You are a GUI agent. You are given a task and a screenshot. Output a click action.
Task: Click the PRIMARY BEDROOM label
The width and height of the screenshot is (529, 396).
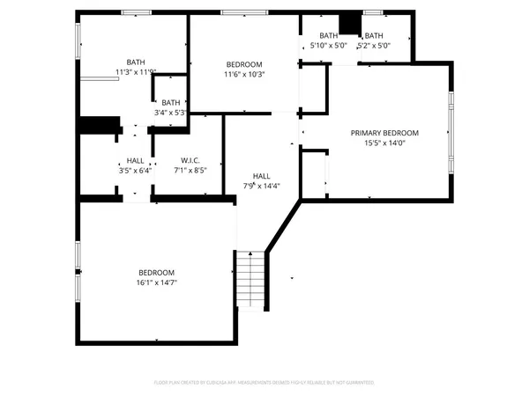[384, 133]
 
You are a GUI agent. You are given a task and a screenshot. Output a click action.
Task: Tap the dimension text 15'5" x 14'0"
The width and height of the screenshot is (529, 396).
[384, 143]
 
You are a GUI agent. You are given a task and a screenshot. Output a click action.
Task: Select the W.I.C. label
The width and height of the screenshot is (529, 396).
[190, 160]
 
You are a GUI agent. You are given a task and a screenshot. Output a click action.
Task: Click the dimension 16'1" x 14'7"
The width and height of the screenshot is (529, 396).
[156, 283]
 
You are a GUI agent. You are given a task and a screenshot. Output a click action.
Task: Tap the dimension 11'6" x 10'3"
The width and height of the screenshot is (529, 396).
[244, 75]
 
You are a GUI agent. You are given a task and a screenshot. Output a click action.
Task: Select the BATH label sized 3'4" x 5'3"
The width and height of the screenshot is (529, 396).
[170, 102]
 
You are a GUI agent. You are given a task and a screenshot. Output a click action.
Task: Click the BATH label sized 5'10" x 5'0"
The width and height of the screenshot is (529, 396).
[329, 35]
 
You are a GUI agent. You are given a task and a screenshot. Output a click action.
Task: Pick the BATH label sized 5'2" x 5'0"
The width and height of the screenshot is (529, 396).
[374, 35]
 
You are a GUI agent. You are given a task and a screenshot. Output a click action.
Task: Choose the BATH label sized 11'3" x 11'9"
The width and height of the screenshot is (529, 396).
[136, 62]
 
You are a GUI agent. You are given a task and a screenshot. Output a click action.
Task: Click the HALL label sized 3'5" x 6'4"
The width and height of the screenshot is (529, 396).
[135, 160]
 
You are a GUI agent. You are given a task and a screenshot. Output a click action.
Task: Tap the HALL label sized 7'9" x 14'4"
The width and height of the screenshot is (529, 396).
[262, 175]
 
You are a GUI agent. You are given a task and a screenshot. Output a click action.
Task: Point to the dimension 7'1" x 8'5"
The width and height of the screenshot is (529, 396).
[190, 171]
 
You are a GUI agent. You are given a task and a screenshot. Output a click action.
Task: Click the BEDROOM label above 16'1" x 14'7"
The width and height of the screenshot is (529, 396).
[156, 273]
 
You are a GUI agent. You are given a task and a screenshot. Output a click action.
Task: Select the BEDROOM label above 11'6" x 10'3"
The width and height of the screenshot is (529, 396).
[244, 64]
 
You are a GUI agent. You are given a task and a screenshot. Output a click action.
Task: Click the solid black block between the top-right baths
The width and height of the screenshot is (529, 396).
[351, 22]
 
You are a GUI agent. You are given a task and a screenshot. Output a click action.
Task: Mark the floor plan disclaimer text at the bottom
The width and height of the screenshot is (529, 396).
[264, 383]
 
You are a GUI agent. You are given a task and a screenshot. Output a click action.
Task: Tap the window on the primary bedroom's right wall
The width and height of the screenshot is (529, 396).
[452, 133]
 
